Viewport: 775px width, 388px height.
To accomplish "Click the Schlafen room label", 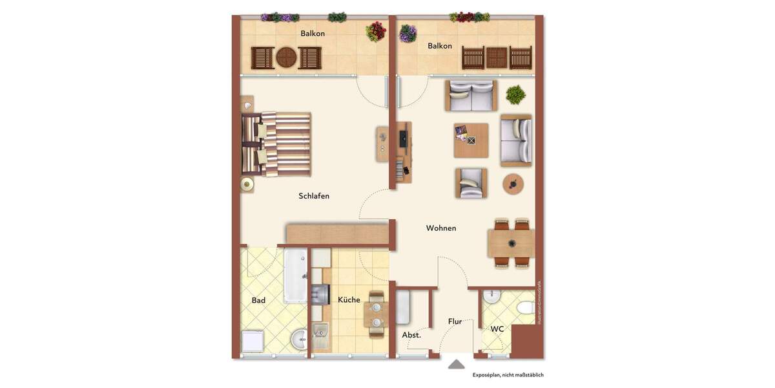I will coord(314,196).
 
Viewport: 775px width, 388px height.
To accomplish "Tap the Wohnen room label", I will coord(441,228).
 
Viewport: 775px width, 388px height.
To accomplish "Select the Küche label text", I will coord(349,300).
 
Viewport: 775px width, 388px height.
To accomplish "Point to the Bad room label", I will coord(258,300).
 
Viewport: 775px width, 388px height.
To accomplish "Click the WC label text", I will coord(497,329).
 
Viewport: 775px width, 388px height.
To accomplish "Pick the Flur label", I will coord(455,321).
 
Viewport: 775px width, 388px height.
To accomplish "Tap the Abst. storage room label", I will coord(411,335).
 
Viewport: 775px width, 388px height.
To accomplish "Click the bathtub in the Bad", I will coord(295,275).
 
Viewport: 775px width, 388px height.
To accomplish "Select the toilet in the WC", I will coord(524,307).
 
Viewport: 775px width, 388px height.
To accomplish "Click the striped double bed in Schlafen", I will coord(278,144).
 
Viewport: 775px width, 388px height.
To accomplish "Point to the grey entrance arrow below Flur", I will coord(456,364).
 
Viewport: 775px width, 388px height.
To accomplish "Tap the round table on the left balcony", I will coord(286,58).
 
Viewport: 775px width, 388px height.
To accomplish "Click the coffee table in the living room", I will coord(471,140).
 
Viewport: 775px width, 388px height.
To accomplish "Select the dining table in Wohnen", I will coord(511,244).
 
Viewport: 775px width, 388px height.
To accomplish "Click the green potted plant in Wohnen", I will coord(515,95).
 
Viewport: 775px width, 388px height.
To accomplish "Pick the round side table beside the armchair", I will coord(513,184).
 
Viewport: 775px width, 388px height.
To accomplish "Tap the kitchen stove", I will coord(320,295).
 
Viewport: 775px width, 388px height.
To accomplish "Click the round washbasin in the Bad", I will coord(298,339).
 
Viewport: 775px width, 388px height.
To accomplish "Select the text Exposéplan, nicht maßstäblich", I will coord(512,374).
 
